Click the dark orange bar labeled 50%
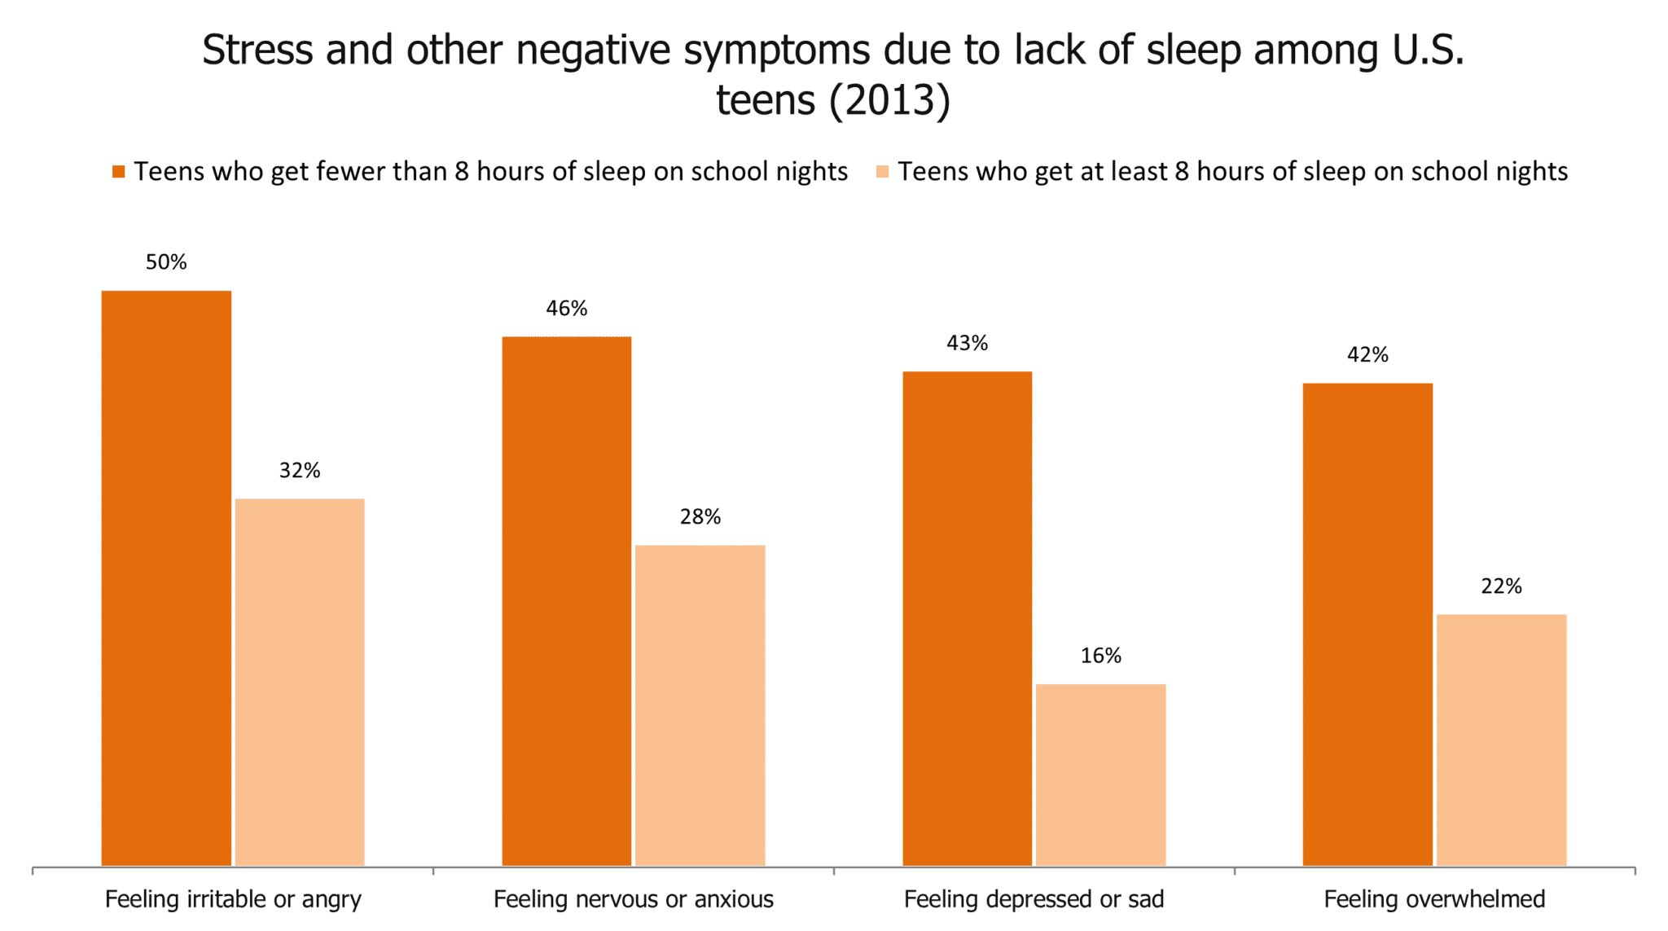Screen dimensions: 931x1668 click(166, 578)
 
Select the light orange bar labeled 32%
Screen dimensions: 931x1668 click(300, 682)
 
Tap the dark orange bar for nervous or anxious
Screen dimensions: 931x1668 click(566, 601)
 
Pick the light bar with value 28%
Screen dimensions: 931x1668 click(700, 705)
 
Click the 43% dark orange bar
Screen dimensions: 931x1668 click(967, 619)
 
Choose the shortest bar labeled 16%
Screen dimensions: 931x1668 click(1100, 775)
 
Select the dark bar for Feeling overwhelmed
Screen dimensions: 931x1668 click(1367, 625)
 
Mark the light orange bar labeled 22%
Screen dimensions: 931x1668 click(1501, 740)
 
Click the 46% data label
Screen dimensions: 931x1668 click(566, 309)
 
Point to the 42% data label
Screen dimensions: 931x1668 click(1367, 355)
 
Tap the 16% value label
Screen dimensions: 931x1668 click(1100, 656)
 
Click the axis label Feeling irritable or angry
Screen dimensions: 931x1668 click(233, 899)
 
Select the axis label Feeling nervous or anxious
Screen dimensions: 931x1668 click(634, 899)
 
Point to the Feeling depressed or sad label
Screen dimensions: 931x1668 click(1034, 899)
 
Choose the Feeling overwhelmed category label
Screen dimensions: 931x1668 click(1434, 899)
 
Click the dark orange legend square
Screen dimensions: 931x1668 click(119, 172)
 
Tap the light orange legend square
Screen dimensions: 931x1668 click(883, 172)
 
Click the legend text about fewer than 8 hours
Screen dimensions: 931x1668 click(490, 172)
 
